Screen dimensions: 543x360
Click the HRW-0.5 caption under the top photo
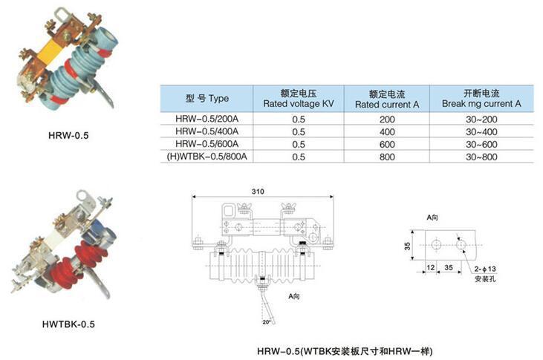68,135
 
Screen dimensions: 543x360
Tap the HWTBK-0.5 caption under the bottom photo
68,324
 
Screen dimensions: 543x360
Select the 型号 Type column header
207,98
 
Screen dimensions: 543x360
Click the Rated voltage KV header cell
299,99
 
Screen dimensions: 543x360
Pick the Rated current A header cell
387,99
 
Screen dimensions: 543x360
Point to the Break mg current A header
481,99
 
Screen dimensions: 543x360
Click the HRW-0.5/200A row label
207,119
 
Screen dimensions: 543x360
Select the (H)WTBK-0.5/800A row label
207,157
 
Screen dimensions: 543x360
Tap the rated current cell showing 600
387,144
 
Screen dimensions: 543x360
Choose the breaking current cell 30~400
481,132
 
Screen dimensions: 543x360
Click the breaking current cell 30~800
481,157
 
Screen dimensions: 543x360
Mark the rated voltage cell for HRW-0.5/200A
299,120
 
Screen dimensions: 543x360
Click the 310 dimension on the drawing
258,192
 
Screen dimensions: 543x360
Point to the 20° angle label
266,322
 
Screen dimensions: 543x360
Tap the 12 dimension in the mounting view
430,267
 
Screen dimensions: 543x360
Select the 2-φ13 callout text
485,269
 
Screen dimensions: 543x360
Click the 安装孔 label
485,278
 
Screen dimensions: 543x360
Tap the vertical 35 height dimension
407,246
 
